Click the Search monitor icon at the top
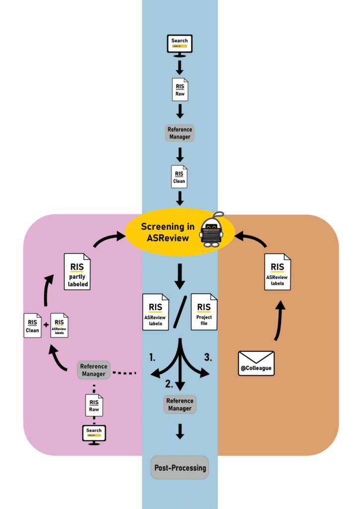[x=180, y=44]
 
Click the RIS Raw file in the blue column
[x=180, y=89]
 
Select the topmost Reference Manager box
[x=180, y=133]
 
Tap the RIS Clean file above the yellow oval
[x=179, y=176]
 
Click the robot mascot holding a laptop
[x=211, y=230]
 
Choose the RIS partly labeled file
[x=77, y=271]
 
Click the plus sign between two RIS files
[x=46, y=325]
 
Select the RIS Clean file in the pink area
[x=32, y=326]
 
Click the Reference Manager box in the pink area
[x=93, y=370]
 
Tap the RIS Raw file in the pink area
[x=94, y=406]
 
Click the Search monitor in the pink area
[x=93, y=433]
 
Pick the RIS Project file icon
[x=204, y=312]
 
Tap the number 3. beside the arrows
[x=209, y=356]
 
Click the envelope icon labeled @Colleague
[x=256, y=363]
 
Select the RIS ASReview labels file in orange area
[x=277, y=272]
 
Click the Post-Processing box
[x=180, y=468]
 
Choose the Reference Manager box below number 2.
[x=180, y=405]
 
